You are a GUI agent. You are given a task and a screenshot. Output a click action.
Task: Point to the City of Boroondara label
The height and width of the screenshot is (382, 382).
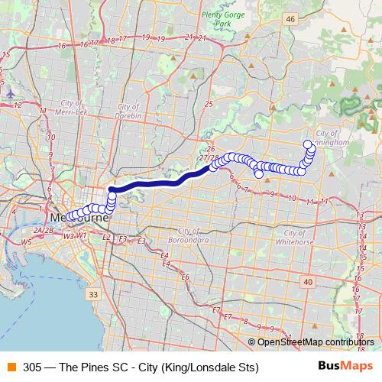tap(193, 235)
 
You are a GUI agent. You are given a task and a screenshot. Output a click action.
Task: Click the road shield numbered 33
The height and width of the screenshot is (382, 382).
tap(93, 294)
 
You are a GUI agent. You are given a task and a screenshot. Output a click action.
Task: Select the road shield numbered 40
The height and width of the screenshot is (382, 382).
tap(307, 282)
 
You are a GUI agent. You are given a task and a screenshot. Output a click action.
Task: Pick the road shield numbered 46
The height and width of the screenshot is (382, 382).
tap(289, 18)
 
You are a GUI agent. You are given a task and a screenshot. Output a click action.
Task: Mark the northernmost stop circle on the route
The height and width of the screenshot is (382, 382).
tap(307, 144)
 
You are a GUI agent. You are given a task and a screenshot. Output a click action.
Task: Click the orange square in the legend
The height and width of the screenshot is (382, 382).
tap(11, 367)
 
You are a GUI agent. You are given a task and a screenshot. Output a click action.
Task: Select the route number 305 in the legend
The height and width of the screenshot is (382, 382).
tap(32, 367)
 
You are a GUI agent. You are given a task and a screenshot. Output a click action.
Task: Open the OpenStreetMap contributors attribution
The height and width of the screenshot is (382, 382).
tap(315, 342)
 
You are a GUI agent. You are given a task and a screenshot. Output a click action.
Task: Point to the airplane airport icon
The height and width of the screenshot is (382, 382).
tap(11, 92)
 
